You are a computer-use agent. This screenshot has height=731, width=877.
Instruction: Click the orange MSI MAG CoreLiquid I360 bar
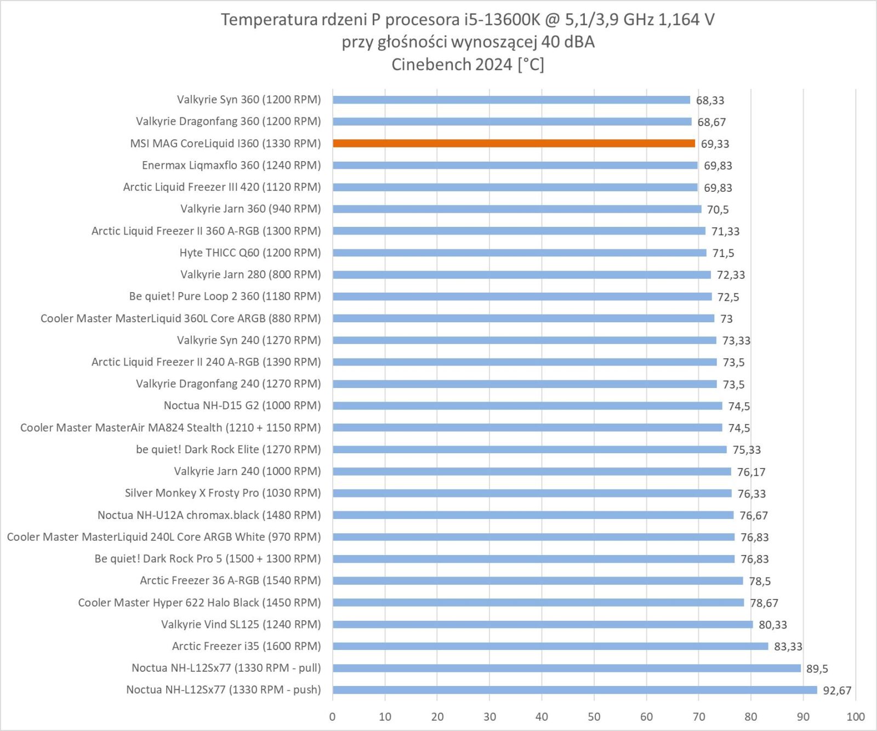[x=514, y=144]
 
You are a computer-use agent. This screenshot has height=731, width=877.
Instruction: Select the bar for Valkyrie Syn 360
[x=511, y=100]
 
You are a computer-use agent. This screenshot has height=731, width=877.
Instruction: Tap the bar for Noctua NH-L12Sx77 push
[x=574, y=690]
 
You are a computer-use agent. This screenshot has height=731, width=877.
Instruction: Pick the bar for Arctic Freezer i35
[x=550, y=646]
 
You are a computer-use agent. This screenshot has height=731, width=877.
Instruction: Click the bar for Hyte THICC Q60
[x=519, y=253]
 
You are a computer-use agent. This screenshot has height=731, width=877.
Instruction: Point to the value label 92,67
[x=837, y=690]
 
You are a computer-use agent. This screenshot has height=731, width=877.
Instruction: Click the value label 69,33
[x=715, y=144]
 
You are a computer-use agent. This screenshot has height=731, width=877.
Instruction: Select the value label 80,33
[x=772, y=625]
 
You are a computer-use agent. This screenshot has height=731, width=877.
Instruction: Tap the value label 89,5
[x=817, y=669]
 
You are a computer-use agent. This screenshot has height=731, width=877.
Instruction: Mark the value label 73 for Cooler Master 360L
[x=726, y=319]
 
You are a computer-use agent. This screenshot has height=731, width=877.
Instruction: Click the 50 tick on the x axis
[x=594, y=717]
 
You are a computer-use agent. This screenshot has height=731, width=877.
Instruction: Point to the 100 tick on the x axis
[x=855, y=717]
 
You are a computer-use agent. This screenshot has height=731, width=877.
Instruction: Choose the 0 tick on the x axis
[x=332, y=717]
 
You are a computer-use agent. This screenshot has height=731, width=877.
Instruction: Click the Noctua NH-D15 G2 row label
[x=242, y=406]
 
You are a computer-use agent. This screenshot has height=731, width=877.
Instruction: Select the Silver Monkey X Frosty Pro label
[x=223, y=493]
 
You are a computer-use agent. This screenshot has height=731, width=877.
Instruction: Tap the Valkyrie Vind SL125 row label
[x=241, y=624]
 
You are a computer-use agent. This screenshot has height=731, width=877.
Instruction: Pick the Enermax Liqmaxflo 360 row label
[x=231, y=165]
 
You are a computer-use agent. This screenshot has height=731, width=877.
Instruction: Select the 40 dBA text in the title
[x=567, y=42]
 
